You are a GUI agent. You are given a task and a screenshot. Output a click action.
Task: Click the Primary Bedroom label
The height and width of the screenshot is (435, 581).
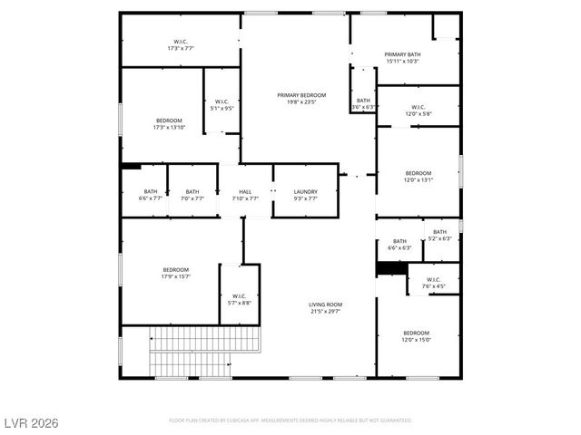coord(301,95)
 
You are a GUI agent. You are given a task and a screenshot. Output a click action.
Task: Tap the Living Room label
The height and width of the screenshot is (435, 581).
coord(325,305)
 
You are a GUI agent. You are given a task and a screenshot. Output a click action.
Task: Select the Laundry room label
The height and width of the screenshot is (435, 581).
coord(305,192)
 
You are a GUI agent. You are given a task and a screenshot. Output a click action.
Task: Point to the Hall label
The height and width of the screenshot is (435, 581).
coord(245,192)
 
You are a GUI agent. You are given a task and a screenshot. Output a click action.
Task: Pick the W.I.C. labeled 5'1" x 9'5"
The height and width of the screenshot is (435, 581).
coord(222,101)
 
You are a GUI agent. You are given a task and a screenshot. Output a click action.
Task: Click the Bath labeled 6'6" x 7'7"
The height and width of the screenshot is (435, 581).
coord(150,192)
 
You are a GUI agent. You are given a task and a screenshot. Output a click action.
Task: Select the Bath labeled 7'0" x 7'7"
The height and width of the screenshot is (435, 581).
coord(192,192)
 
